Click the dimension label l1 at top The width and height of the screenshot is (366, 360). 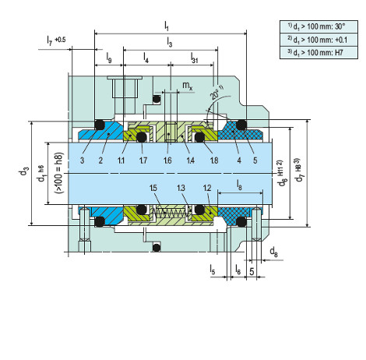click(167, 26)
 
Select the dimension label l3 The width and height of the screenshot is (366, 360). click(170, 44)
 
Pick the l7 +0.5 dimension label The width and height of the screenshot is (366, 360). click(55, 38)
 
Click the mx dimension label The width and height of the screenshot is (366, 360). click(187, 83)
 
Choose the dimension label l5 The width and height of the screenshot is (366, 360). click(213, 269)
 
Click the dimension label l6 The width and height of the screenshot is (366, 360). click(237, 269)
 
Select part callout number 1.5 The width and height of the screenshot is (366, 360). click(153, 189)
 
